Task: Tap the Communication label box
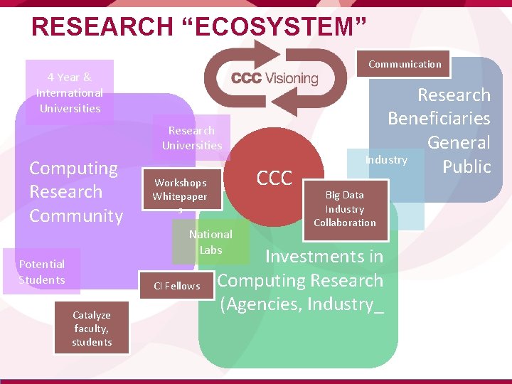tap(405, 64)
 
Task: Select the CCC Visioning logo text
tap(274, 78)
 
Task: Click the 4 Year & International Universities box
tap(70, 92)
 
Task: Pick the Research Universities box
tap(191, 138)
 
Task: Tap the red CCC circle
tap(274, 178)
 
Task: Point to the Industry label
tap(386, 160)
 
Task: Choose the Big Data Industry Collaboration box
tap(345, 208)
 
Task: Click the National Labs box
tap(210, 242)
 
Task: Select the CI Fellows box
tap(177, 286)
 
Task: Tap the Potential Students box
tap(42, 272)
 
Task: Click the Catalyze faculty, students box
tap(92, 329)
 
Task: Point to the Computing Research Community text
tap(76, 192)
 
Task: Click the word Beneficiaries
tap(439, 119)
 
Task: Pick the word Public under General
tap(466, 166)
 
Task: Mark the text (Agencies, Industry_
tap(302, 304)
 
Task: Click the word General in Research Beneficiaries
tap(459, 143)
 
